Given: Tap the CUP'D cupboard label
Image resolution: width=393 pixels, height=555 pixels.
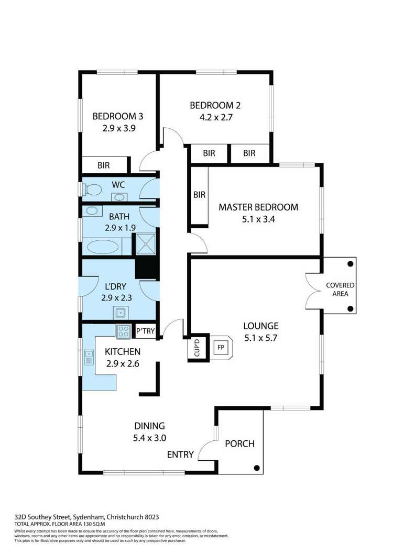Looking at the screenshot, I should click(x=198, y=348).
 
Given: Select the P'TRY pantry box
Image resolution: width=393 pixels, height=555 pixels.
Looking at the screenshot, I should click(x=145, y=331).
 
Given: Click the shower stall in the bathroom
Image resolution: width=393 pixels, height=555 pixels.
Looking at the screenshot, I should click(x=146, y=242).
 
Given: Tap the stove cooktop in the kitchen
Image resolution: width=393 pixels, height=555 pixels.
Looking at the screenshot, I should click(x=124, y=331).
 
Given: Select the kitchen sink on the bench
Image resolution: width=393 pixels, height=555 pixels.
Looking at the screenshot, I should click(x=89, y=358).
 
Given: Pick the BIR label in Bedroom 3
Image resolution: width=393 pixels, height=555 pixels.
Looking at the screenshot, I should click(x=104, y=165).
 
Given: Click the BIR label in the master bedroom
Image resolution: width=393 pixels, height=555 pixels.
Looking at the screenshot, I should click(x=199, y=195).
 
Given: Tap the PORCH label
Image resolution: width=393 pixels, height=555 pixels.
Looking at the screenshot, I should click(x=239, y=444).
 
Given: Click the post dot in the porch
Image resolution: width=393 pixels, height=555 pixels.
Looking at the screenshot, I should click(x=256, y=468).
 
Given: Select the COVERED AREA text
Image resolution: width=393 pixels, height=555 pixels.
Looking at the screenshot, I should click(x=340, y=290).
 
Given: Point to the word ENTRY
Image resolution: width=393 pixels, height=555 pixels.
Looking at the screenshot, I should click(x=180, y=454).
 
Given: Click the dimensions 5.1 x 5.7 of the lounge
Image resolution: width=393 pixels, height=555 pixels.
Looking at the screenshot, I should click(x=260, y=338).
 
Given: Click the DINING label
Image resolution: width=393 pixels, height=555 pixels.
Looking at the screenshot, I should click(x=149, y=426).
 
